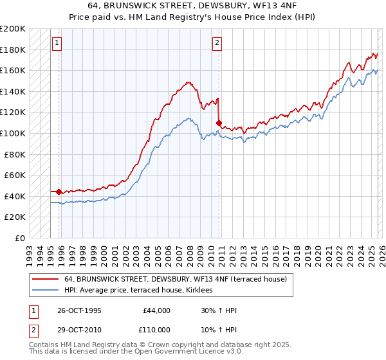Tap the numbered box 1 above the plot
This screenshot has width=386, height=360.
pyautogui.click(x=57, y=43)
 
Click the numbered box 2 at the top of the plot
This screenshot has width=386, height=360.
pyautogui.click(x=217, y=43)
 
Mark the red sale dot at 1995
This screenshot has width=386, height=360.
pyautogui.click(x=59, y=192)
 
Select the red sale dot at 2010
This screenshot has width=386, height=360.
pyautogui.click(x=219, y=123)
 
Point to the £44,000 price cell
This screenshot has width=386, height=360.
pyautogui.click(x=156, y=310)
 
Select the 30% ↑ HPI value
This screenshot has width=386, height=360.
pyautogui.click(x=219, y=310)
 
